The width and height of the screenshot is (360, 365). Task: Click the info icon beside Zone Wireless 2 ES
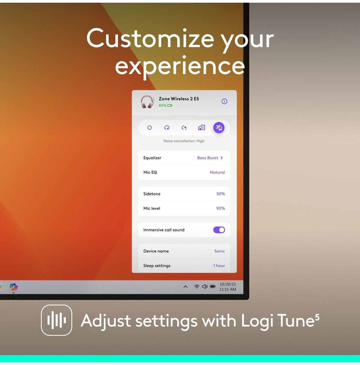pos(224,101)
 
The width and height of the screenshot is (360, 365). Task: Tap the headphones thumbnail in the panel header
pos(147,102)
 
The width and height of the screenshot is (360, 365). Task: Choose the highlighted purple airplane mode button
pos(219,127)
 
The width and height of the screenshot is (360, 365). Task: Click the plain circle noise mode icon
pos(149,128)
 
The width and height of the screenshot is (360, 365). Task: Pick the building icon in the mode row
pos(201,127)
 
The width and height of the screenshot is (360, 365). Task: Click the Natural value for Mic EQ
pos(217,172)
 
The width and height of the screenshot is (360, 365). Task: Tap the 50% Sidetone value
pos(220,194)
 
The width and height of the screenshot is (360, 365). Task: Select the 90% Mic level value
pos(220,208)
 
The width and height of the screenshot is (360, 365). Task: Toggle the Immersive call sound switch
pos(219,230)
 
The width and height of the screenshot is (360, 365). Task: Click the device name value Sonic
pos(220,251)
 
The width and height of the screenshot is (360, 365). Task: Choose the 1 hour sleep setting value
pos(219,266)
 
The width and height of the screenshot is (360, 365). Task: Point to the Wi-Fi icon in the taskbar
pos(197,286)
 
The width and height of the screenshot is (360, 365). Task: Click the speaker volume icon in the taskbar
pos(205,286)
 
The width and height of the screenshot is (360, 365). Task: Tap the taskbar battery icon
pos(213,286)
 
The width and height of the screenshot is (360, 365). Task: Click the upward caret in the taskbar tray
pos(185,287)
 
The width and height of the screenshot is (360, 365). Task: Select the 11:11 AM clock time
pos(228,289)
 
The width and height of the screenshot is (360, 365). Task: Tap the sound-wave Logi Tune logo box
pos(56,320)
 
